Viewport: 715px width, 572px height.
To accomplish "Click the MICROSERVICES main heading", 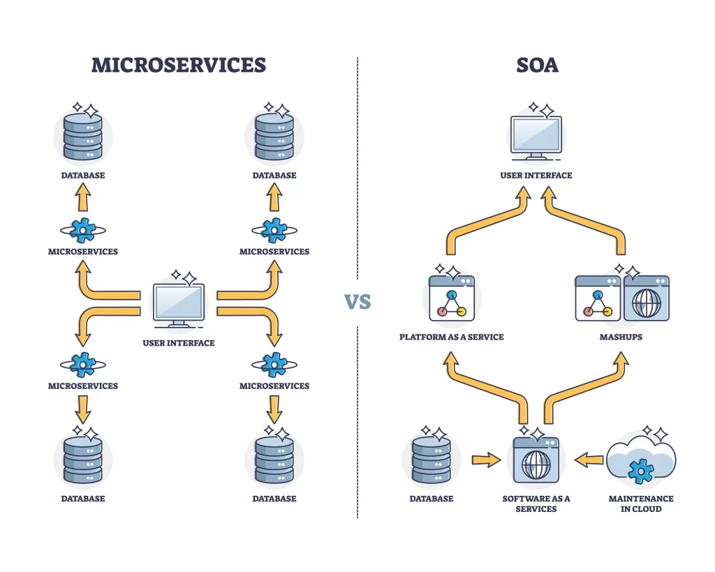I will [179, 66].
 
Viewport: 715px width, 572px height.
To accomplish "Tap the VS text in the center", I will [357, 302].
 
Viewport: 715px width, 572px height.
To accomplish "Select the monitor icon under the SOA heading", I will [536, 137].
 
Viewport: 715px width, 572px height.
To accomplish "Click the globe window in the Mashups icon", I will [646, 298].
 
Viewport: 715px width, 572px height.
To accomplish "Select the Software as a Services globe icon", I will [536, 460].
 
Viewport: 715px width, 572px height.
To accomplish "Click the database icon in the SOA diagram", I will [431, 460].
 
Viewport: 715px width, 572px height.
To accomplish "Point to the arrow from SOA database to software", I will [486, 460].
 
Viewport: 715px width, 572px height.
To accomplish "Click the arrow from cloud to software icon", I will [589, 460].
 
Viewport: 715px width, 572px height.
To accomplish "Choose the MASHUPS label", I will [621, 337].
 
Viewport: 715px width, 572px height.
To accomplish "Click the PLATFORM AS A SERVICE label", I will [451, 337].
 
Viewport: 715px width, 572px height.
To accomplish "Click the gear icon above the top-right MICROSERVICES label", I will [274, 230].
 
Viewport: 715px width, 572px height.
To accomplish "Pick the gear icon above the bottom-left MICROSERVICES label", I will [83, 364].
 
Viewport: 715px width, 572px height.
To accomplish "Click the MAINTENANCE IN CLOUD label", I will [640, 504].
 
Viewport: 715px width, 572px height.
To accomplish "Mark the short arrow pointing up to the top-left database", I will [83, 198].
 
